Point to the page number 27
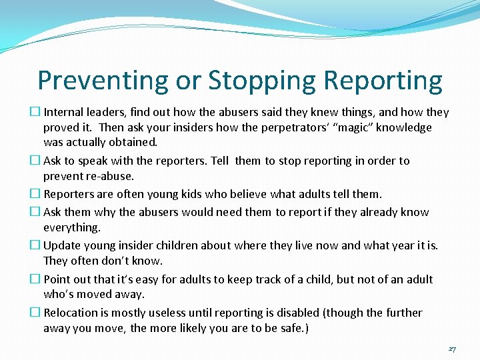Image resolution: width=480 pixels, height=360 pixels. point(452,349)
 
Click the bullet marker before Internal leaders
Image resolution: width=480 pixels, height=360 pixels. point(37,112)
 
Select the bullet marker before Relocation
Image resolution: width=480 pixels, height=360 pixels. point(37,312)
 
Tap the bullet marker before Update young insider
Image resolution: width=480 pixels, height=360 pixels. point(37,245)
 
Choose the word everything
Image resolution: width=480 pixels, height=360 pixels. point(72,227)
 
